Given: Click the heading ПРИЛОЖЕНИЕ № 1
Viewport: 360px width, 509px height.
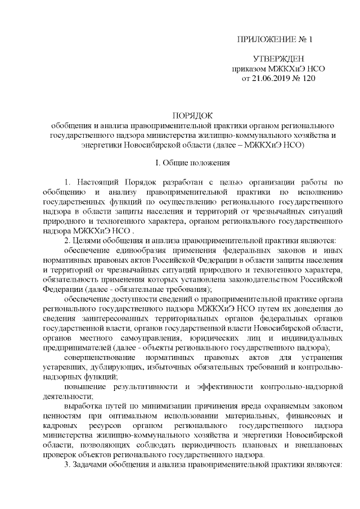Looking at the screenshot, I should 275,40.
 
